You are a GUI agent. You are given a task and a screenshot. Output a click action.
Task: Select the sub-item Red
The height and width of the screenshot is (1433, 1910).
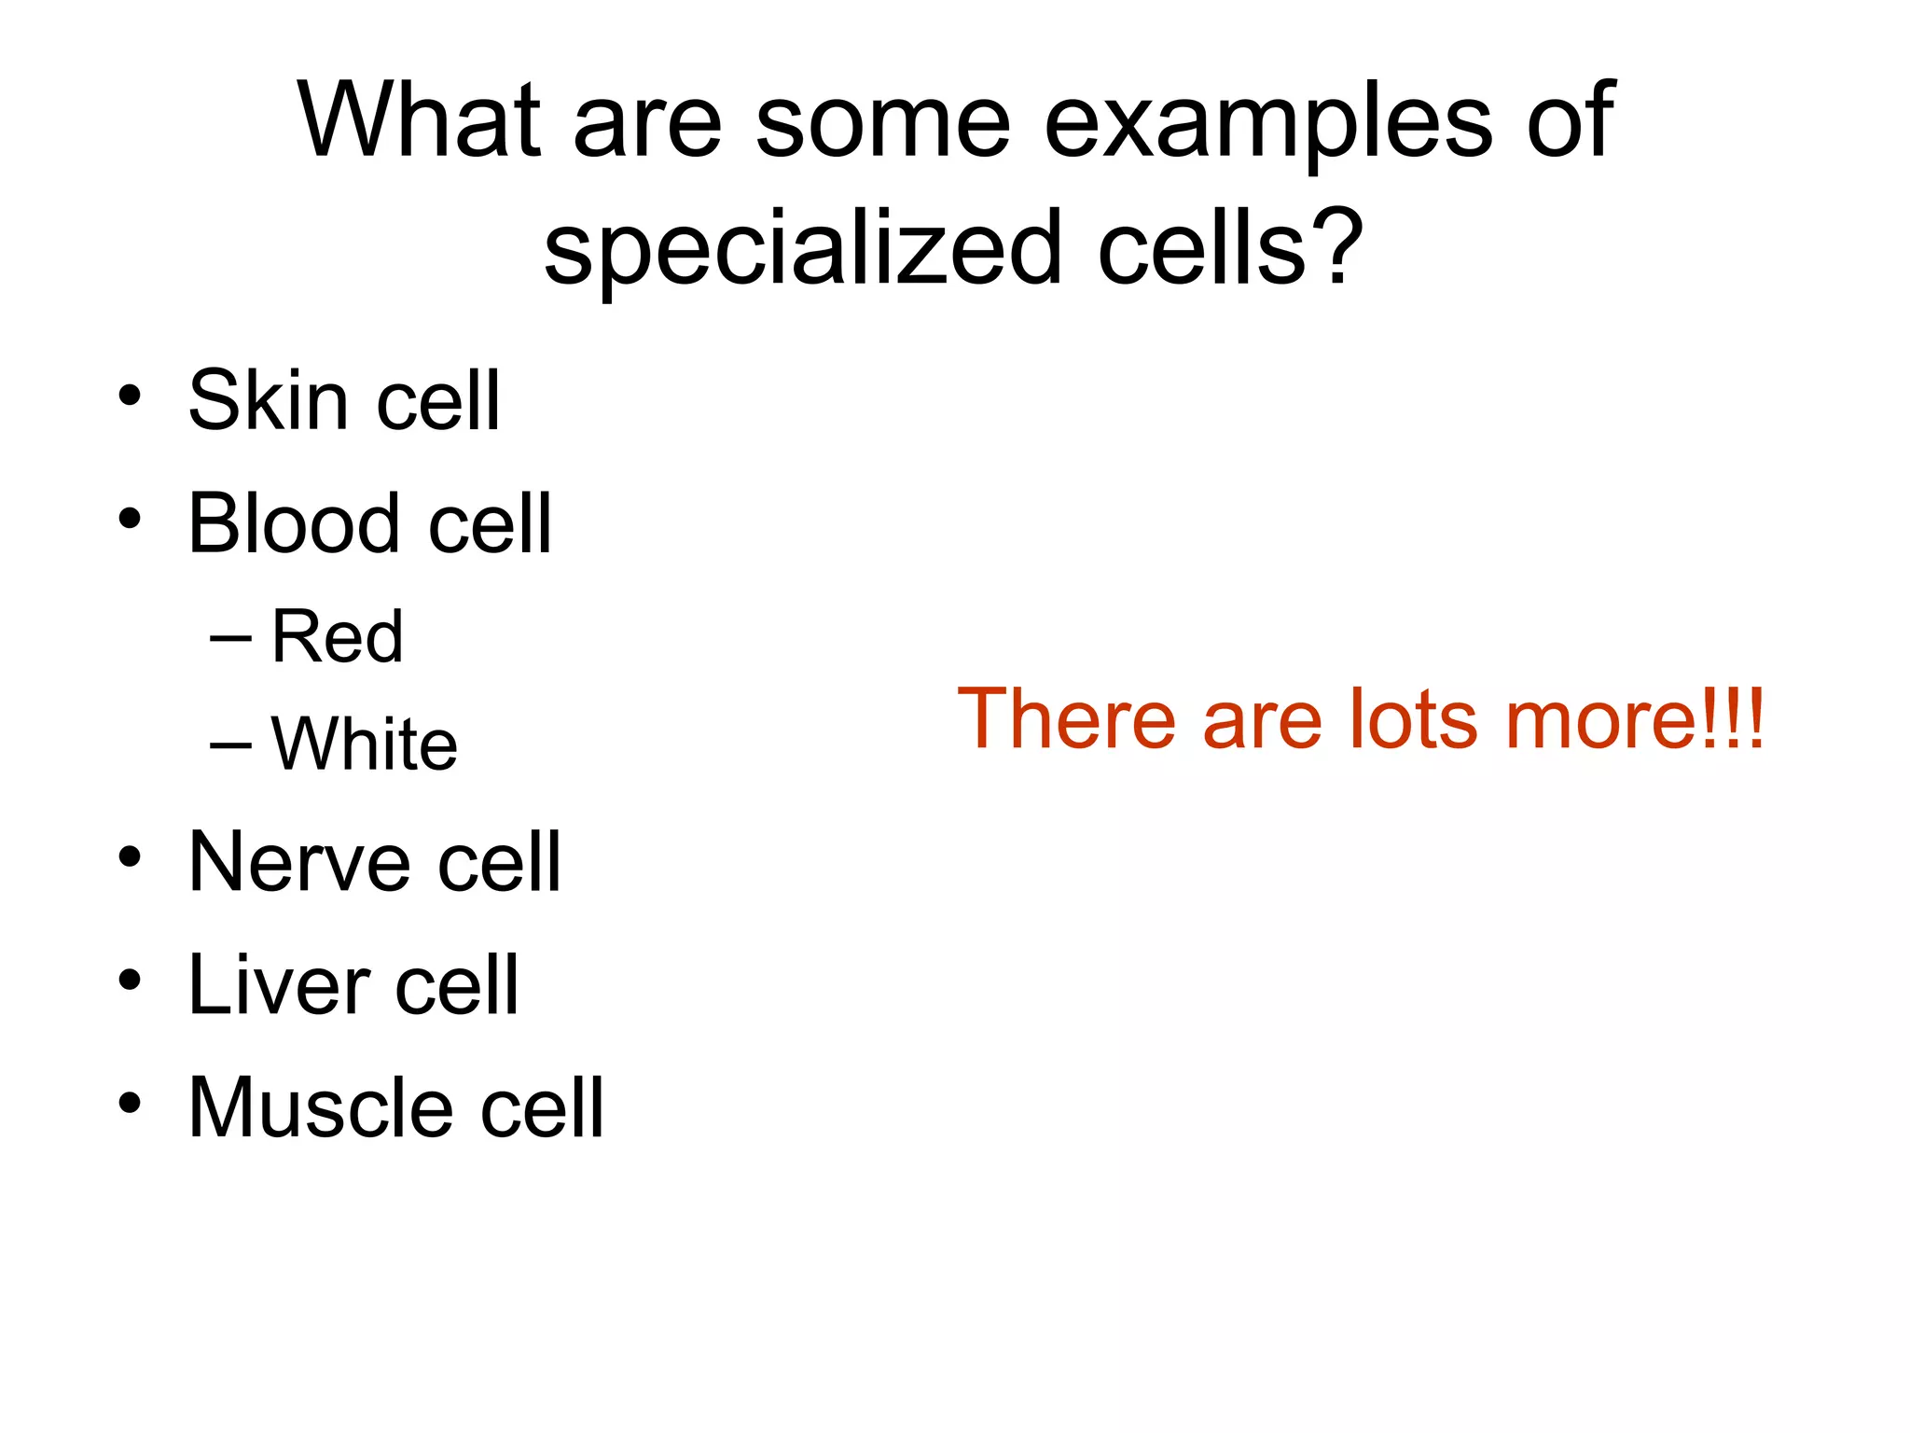[337, 637]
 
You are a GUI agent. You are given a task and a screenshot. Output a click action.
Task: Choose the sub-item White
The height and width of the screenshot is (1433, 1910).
[364, 744]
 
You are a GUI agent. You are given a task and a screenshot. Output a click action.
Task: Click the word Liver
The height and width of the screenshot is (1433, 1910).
[279, 986]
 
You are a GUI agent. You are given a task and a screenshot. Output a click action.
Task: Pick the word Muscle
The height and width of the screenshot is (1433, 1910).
[320, 1108]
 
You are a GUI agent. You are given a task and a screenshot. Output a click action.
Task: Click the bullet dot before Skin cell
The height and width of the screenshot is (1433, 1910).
[130, 397]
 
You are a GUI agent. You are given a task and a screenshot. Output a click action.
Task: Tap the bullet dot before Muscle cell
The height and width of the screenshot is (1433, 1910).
[130, 1104]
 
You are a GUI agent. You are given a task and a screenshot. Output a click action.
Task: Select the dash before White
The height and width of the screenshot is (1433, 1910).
[230, 745]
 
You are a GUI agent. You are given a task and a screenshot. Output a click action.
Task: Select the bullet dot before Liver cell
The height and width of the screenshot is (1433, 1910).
[130, 981]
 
